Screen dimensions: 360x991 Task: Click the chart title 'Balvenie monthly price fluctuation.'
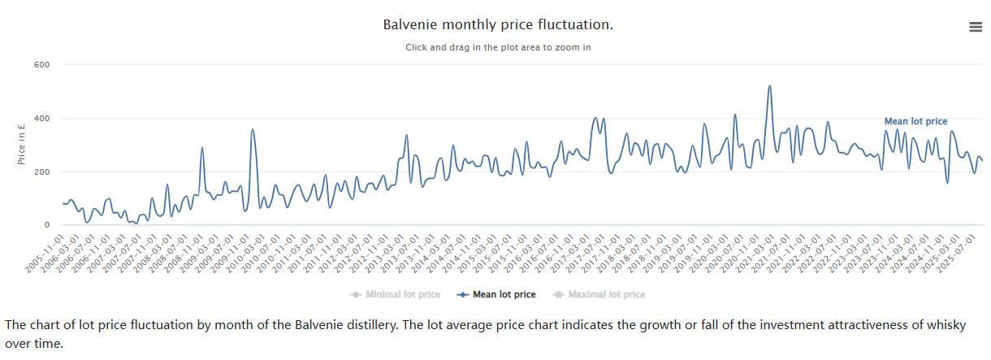click(498, 25)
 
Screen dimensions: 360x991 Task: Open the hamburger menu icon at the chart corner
click(976, 27)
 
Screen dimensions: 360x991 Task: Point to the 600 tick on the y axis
click(41, 65)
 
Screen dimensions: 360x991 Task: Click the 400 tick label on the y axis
click(41, 119)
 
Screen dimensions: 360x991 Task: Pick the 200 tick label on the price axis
click(41, 172)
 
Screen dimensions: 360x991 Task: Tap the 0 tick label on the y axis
click(46, 225)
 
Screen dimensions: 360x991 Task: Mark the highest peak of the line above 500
click(769, 86)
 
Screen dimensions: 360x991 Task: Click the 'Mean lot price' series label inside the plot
click(915, 122)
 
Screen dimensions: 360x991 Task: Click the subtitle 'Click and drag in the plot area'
click(498, 47)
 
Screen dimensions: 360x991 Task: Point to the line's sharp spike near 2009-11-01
click(253, 129)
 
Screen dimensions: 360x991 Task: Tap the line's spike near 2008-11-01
click(202, 148)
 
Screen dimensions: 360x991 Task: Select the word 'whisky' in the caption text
click(942, 325)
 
